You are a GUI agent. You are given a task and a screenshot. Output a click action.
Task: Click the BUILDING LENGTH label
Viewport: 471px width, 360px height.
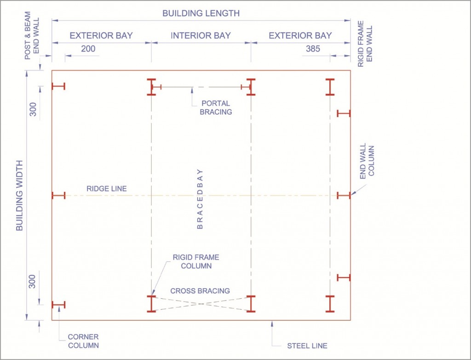[x=201, y=13]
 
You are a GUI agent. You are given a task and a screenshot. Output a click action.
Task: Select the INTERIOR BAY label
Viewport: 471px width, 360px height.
[x=201, y=35]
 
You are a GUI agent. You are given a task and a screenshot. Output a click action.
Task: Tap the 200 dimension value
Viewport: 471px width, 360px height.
[x=88, y=49]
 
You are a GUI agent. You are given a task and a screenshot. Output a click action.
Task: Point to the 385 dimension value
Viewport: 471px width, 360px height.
[x=313, y=49]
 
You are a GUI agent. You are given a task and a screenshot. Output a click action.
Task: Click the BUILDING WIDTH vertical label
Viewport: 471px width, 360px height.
[x=19, y=196]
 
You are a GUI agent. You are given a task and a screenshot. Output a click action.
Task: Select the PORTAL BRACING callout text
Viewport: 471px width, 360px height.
[x=216, y=108]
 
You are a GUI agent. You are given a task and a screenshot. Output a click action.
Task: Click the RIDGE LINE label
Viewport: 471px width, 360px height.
[x=107, y=189]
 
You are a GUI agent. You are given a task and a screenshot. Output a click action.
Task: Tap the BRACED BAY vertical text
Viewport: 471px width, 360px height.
[x=200, y=199]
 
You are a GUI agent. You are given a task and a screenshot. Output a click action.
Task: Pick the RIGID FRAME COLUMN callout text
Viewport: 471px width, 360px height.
[x=196, y=261]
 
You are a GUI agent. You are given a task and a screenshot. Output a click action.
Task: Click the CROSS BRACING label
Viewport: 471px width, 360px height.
[x=200, y=291]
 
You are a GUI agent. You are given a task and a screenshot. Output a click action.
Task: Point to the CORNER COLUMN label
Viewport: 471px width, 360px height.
[x=83, y=341]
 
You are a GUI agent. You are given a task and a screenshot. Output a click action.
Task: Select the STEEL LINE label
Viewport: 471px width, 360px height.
[x=307, y=346]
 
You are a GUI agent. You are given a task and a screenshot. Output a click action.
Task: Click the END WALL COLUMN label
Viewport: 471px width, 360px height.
[x=367, y=161]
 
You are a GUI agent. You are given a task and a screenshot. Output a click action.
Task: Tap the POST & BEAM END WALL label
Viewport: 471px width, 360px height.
[x=32, y=35]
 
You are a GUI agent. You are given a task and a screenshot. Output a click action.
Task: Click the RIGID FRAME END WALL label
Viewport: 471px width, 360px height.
[x=365, y=44]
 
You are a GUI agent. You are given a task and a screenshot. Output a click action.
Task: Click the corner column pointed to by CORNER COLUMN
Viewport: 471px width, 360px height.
[x=58, y=305]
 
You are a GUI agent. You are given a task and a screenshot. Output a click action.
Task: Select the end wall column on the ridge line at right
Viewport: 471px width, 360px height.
[x=344, y=196]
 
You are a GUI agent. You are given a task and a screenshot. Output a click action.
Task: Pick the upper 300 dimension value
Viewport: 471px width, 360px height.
[x=33, y=110]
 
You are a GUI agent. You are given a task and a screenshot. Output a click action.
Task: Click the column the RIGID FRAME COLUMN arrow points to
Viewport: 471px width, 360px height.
[x=151, y=304]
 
